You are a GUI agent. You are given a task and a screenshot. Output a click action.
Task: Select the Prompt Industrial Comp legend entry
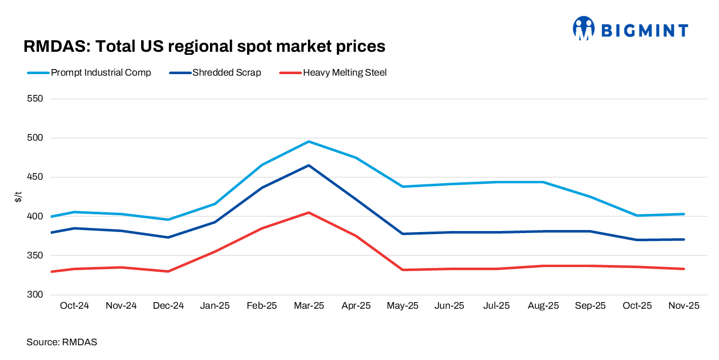coord(90,73)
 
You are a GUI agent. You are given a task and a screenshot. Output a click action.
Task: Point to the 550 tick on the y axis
coord(35,99)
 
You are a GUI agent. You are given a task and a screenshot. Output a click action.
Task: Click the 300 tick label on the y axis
coord(35,294)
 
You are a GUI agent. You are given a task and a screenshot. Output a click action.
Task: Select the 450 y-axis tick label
coord(35,177)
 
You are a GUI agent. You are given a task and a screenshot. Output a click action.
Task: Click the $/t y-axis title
coord(19,197)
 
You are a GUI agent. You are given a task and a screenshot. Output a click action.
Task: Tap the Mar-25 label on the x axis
coord(309,306)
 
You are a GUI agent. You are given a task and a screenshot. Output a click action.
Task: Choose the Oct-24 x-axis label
coord(74,306)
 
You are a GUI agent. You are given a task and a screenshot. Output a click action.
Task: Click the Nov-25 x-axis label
coord(684,306)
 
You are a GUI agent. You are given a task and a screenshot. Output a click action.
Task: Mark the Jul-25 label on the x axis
coord(496,306)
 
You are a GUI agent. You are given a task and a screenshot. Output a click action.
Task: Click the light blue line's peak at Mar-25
coord(309,142)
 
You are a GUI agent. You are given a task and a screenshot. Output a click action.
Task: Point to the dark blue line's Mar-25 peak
coord(309,166)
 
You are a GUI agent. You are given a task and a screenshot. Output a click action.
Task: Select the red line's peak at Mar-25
coord(309,213)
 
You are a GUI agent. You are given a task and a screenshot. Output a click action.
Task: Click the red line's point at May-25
coord(402,270)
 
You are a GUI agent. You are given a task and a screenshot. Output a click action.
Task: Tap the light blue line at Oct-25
coord(637,215)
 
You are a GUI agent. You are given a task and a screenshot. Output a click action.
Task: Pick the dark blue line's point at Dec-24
coord(168,237)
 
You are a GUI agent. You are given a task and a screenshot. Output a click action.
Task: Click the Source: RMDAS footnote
coord(61,342)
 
